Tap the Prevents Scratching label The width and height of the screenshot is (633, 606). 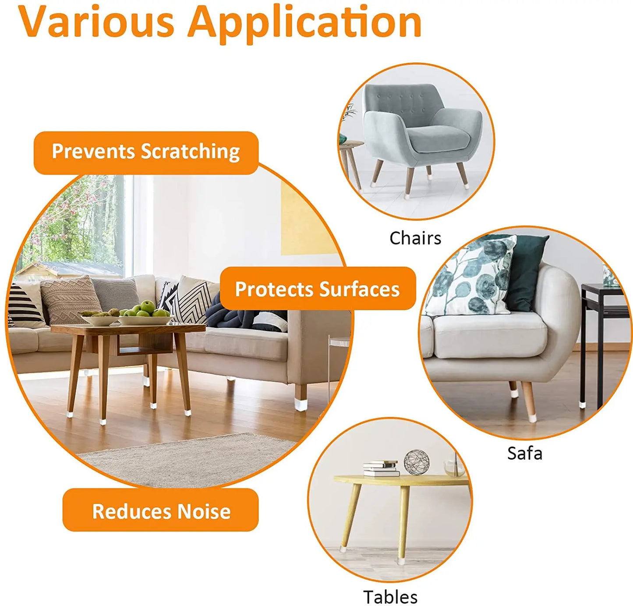coord(146,152)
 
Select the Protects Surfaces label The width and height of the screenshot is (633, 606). coord(317,289)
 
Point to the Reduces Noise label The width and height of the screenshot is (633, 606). coord(161,511)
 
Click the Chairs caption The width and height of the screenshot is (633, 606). coord(415,238)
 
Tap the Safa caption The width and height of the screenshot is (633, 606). coord(524,453)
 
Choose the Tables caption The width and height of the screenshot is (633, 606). coord(390,597)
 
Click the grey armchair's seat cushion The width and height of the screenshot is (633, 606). coord(440,140)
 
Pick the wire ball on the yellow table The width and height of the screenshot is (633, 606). coord(416,462)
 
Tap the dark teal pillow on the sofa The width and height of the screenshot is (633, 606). coord(528,272)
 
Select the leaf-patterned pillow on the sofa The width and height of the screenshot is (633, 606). coord(471,276)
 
